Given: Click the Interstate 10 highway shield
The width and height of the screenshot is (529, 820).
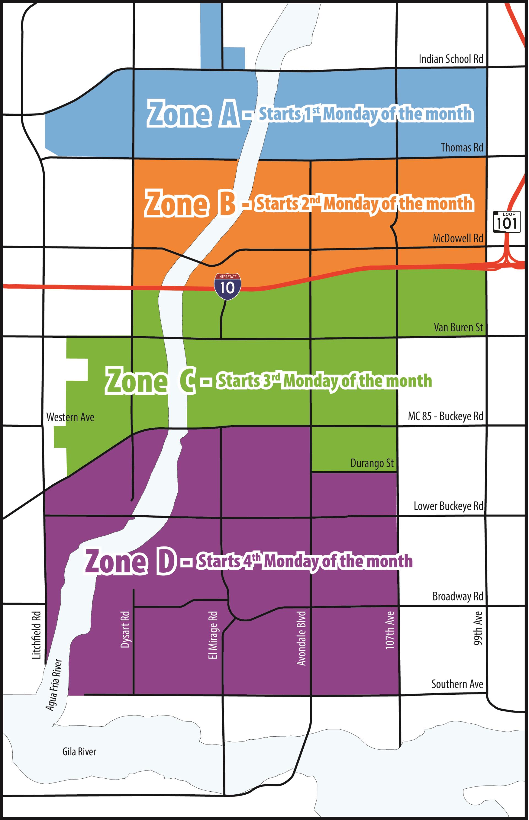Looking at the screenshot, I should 227,286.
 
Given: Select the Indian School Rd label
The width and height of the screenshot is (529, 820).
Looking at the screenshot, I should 451,59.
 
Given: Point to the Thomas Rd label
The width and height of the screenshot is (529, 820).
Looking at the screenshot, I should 462,148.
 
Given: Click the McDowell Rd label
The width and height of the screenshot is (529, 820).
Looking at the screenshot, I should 458,238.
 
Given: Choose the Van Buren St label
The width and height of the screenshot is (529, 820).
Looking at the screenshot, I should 458,327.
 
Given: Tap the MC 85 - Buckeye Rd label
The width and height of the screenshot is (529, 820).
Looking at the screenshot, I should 445,416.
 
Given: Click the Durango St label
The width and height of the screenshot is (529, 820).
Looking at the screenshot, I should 372,463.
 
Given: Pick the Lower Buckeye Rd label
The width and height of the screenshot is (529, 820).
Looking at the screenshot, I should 448,506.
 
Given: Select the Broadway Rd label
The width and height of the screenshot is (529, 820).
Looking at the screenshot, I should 458,596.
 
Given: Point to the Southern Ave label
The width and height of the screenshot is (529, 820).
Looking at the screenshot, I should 457,684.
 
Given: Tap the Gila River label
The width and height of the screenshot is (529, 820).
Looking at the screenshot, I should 79,752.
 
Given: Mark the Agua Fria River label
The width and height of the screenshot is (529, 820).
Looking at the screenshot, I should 54,685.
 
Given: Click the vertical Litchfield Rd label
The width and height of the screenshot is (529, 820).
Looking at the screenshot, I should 36,635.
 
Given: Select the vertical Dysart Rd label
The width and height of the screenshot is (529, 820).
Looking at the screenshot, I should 125,629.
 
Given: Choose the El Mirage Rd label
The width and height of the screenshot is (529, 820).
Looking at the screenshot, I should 213,635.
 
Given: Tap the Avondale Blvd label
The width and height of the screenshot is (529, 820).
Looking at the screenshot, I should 301,638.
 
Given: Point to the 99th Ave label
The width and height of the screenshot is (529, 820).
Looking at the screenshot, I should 478,628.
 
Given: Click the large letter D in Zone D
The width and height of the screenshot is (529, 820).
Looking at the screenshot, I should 166,562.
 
